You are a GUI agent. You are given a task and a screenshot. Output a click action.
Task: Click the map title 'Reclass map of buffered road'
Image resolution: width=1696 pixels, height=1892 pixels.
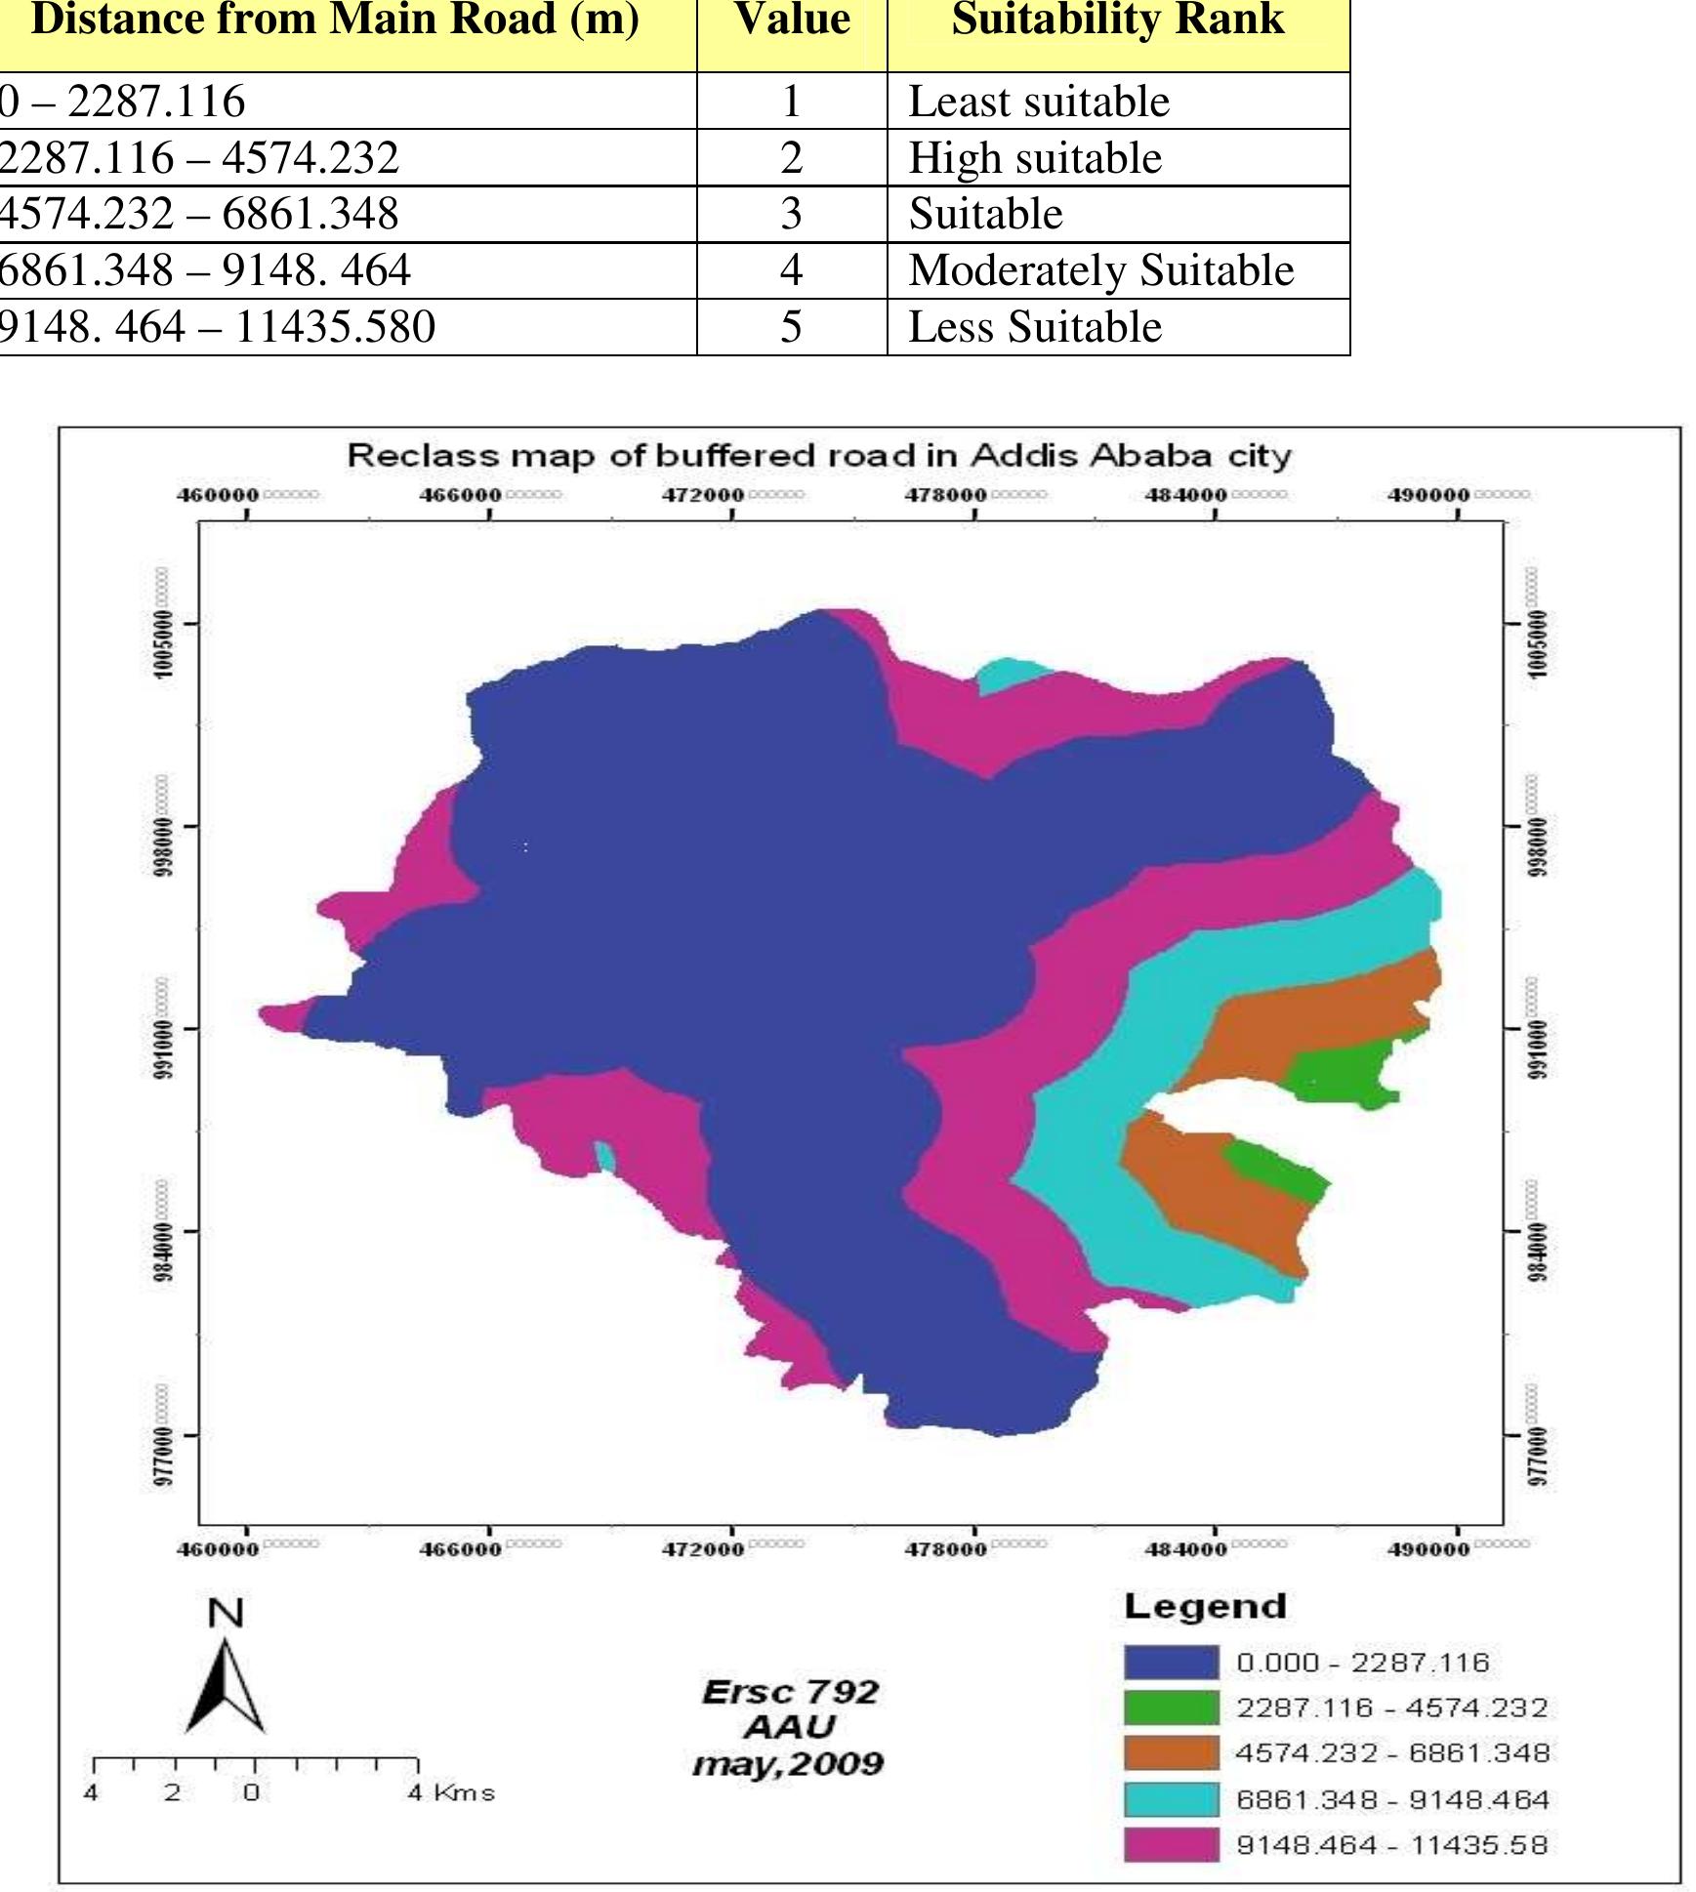(819, 456)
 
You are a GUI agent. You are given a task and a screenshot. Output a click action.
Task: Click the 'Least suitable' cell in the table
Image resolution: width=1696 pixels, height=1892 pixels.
(1038, 102)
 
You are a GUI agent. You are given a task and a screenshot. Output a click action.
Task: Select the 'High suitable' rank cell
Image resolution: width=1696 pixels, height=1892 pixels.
(1035, 158)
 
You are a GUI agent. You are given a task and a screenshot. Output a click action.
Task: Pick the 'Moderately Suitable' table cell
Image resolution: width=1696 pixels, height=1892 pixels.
(1100, 270)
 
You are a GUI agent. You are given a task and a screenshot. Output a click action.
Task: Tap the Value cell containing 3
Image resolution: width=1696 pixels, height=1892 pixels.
(791, 214)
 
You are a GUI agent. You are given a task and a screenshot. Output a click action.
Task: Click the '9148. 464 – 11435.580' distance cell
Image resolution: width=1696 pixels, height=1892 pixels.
(217, 327)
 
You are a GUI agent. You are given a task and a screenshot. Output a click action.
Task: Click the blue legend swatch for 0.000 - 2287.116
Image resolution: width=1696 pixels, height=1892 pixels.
(1171, 1663)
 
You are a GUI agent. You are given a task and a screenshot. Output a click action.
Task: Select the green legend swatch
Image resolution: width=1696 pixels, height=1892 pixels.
(1171, 1707)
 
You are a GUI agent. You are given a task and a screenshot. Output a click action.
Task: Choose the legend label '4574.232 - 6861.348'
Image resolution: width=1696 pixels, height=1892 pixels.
(1391, 1753)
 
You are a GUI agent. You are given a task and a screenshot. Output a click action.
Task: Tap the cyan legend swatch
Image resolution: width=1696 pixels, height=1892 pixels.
(1171, 1799)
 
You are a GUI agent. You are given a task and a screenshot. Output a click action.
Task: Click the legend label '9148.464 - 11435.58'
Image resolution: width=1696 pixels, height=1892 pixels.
(1391, 1845)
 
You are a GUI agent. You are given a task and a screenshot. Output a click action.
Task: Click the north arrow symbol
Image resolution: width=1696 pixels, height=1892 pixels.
(226, 1687)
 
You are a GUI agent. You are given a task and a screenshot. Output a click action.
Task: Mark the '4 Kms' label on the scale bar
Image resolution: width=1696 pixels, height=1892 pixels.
(451, 1792)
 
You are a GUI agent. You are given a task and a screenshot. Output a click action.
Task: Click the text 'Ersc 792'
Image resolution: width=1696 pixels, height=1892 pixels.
(789, 1691)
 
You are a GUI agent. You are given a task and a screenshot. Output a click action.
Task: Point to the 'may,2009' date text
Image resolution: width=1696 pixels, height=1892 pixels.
(787, 1764)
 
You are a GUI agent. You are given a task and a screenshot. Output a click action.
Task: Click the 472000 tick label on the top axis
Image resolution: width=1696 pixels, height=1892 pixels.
(704, 495)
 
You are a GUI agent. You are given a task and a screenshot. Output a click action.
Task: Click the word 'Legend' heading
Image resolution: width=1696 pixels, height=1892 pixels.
(1205, 1607)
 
